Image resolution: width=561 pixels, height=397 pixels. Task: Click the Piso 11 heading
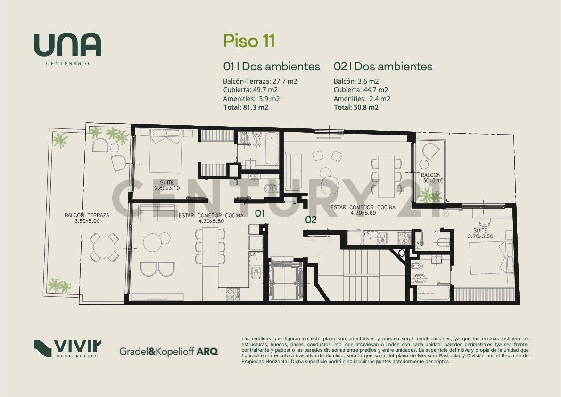248,41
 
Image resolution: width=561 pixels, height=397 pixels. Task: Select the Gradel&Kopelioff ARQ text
168,351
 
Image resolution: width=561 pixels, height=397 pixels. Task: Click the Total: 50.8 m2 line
356,108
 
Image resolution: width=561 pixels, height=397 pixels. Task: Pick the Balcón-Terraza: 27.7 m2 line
260,81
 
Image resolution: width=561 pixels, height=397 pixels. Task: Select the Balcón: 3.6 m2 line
356,81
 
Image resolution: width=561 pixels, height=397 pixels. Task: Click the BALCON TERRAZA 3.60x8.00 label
87,218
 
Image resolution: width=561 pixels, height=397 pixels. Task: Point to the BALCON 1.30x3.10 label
431,177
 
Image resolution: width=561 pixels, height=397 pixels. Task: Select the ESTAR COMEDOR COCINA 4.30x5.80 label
211,218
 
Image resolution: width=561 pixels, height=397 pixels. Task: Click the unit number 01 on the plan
260,213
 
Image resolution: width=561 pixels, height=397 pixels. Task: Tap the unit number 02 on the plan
311,220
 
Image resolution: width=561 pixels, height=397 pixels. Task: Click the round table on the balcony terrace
105,246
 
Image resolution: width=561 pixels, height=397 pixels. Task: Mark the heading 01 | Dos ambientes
271,67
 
